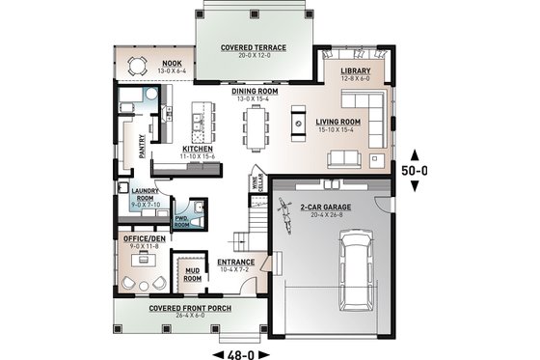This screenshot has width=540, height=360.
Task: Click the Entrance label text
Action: click(235, 263)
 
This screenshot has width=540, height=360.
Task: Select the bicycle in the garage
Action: click(284, 208)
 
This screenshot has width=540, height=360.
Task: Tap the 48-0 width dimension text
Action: click(239, 352)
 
